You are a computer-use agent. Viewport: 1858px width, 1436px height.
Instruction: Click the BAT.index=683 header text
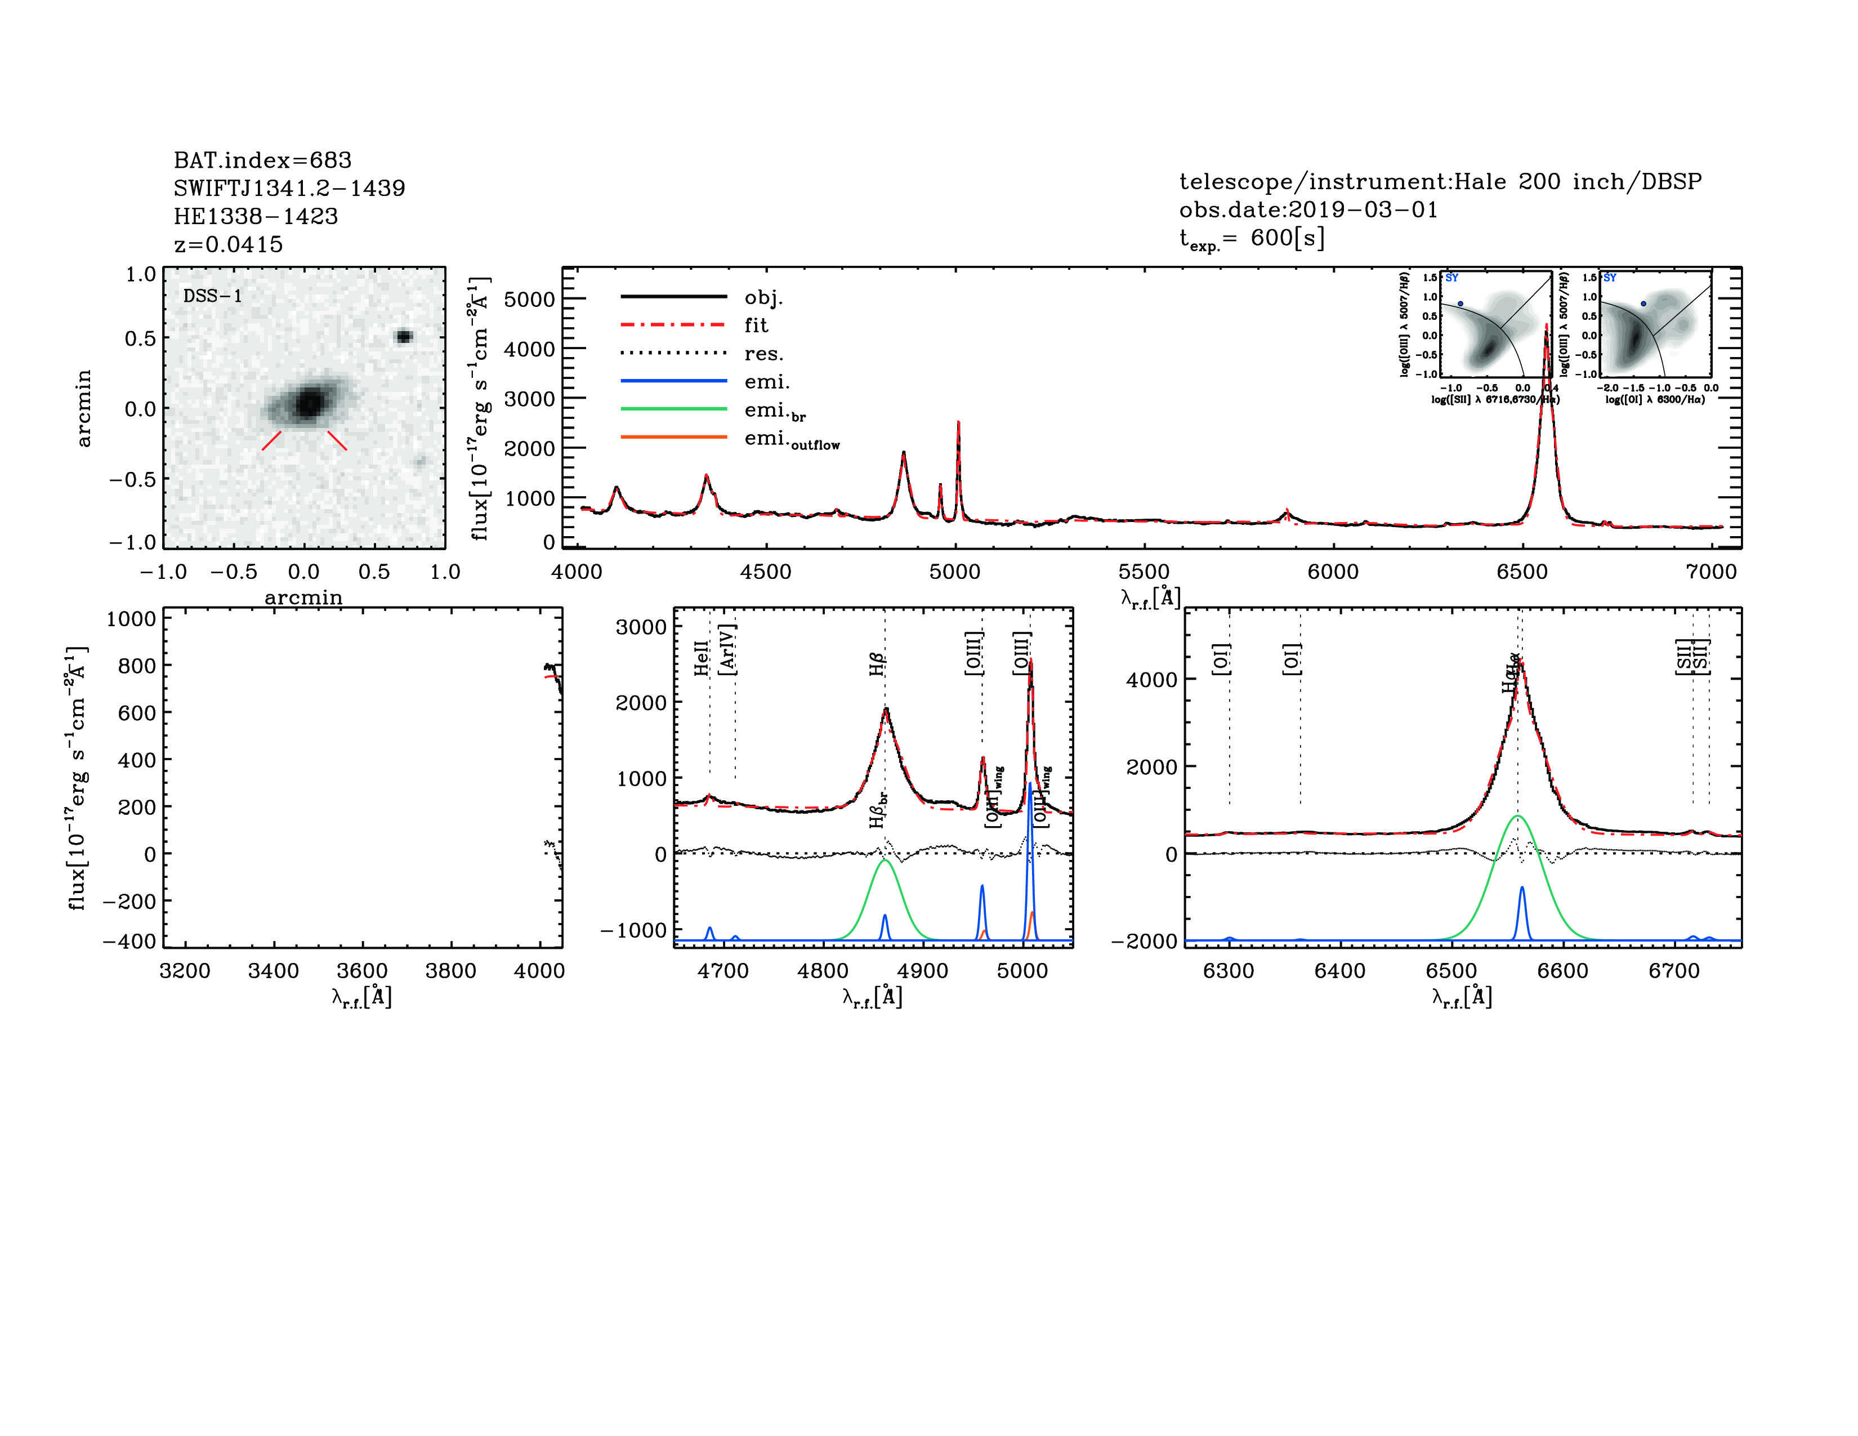click(262, 160)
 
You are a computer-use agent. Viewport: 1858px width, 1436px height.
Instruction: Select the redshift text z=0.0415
click(228, 244)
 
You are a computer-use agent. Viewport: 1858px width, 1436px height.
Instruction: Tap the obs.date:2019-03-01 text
click(1307, 209)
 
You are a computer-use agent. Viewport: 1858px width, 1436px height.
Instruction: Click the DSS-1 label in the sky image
click(213, 296)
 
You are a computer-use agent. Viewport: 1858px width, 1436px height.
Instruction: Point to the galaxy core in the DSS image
click(308, 403)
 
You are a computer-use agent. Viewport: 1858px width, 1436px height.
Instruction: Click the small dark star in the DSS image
click(404, 336)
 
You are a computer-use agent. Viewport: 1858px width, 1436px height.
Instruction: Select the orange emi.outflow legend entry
click(791, 440)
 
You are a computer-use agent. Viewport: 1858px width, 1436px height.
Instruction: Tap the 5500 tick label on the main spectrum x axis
click(1144, 572)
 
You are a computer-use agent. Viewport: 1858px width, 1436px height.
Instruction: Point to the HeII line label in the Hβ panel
click(701, 658)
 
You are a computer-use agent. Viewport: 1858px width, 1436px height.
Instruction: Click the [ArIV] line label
click(727, 650)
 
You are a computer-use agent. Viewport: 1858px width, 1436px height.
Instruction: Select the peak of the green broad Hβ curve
click(885, 861)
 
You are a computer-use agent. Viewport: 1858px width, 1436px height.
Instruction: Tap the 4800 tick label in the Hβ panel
click(823, 971)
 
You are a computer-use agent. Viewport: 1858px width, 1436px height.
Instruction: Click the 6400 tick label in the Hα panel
click(1340, 971)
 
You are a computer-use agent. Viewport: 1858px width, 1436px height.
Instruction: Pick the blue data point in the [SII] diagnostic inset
click(1461, 304)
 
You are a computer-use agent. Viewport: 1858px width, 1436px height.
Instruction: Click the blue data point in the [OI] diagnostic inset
click(1643, 304)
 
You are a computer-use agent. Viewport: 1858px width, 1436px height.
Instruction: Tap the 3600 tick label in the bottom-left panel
click(361, 971)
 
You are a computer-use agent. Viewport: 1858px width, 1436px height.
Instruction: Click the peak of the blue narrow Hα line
click(1522, 888)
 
